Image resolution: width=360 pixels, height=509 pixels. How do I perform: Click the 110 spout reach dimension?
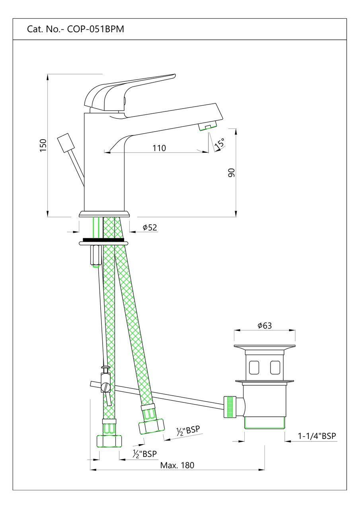[159, 148]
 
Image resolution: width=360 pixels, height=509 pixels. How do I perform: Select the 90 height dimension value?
[232, 172]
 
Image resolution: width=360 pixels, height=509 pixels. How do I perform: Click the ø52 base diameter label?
[150, 227]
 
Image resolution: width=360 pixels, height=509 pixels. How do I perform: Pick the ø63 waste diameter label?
[265, 325]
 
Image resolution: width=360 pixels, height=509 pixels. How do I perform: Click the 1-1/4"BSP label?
[317, 436]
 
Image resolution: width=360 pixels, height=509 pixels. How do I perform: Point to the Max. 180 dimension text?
[177, 465]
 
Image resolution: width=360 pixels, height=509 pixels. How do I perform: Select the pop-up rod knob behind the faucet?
[65, 143]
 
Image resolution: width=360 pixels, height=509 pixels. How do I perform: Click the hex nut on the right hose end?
[151, 427]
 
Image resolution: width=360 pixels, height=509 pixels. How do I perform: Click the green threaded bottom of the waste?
[264, 423]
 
